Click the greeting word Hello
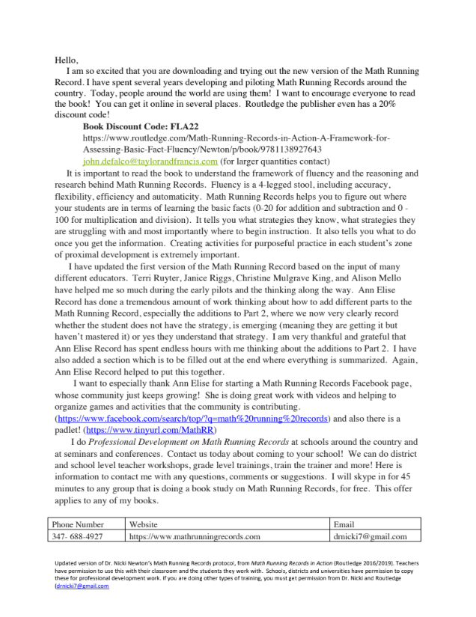tap(66, 59)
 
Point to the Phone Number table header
tap(79, 525)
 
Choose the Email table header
tap(344, 525)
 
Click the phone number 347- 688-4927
tap(79, 536)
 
